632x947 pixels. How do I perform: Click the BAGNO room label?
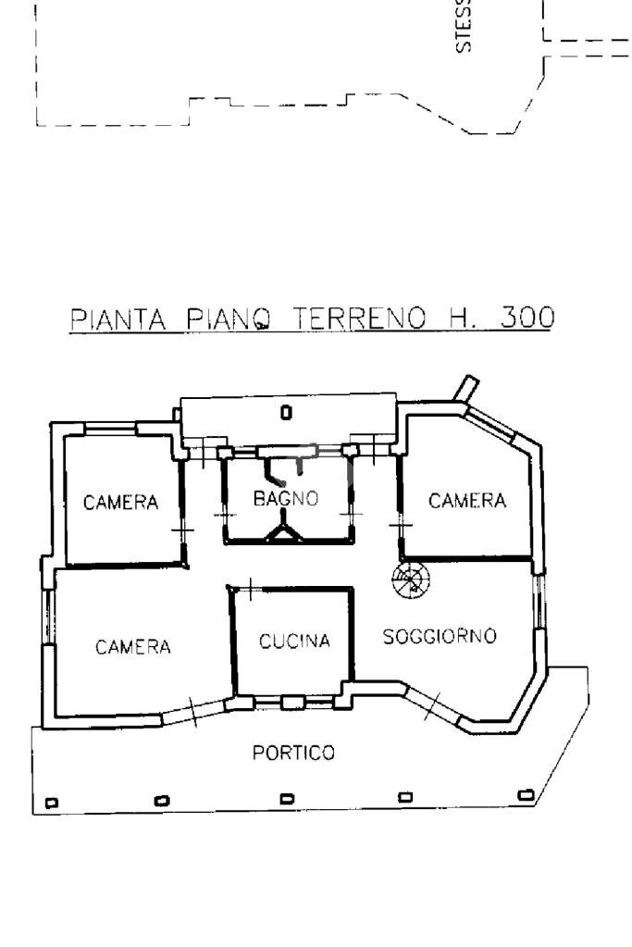pos(286,498)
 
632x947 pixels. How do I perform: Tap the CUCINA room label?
pos(294,641)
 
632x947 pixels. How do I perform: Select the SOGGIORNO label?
pos(440,637)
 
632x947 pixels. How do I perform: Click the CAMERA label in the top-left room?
pos(120,504)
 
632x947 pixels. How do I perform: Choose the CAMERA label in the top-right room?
pos(467,501)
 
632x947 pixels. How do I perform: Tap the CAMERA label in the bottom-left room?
pos(133,647)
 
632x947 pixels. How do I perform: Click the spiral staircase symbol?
pos(410,580)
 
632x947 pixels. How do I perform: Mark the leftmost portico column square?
pos(51,802)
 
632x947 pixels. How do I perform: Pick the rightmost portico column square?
pos(526,794)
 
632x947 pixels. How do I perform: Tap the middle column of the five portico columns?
pos(287,799)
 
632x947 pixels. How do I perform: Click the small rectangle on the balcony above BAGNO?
pos(286,411)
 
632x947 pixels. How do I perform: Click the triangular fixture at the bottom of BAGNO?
pos(284,530)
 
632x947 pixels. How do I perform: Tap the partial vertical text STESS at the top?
pos(466,28)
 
